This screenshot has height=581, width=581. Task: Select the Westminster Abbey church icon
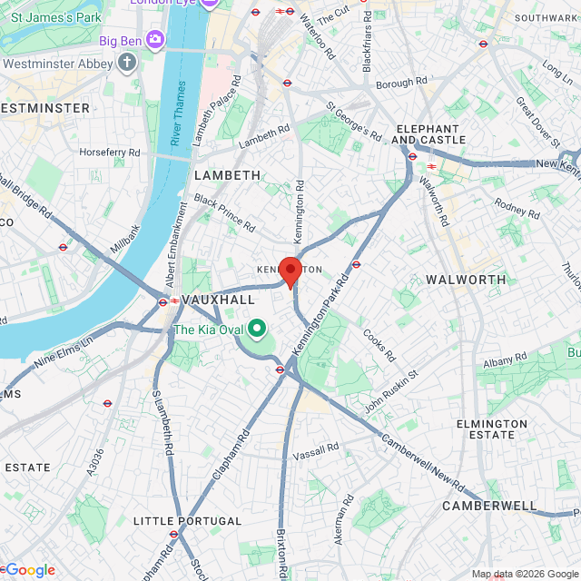pos(126,64)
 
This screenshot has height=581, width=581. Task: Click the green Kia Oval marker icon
pos(257,329)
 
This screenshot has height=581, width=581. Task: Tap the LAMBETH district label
pos(227,175)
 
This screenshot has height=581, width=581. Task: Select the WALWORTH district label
pos(466,279)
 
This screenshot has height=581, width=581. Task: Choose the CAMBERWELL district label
pos(489,505)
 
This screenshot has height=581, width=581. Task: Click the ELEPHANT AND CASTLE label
pos(428,133)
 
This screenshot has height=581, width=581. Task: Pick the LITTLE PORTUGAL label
pos(187,521)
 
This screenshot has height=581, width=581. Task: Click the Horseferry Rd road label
pos(110,153)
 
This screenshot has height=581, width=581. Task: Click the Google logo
pos(30,570)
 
